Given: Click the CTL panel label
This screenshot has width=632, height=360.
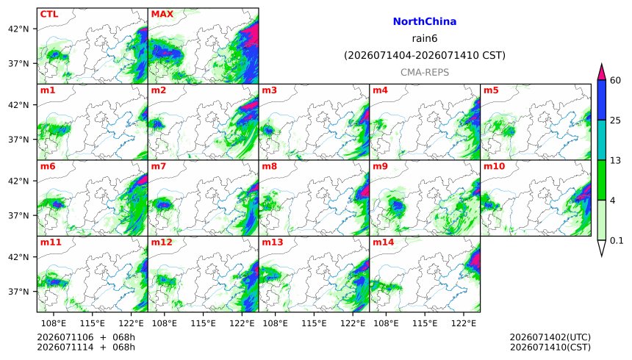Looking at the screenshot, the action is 49,14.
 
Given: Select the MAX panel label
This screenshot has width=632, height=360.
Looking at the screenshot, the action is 162,14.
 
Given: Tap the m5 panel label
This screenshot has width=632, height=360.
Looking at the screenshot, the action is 491,90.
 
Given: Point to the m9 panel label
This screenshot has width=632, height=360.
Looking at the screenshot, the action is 380,166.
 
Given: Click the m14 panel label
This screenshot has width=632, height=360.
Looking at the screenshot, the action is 383,242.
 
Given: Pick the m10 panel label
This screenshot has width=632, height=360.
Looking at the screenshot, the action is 494,166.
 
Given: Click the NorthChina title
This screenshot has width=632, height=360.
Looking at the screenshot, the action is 425,22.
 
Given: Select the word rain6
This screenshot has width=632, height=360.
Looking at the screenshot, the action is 425,39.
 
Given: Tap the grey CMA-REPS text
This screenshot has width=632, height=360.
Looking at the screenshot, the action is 425,73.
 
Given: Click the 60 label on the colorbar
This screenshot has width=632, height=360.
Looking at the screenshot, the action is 615,81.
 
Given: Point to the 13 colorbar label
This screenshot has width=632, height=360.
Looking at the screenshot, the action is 615,161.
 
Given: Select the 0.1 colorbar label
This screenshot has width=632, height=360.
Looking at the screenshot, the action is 617,241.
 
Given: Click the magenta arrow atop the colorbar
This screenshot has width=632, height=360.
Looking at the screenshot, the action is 601,72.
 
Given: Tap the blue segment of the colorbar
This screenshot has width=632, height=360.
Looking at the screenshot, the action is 601,100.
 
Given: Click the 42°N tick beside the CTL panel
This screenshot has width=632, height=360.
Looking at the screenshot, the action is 18,29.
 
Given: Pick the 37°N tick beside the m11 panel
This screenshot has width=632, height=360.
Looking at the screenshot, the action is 18,292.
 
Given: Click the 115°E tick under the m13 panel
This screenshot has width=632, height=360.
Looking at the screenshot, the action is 314,323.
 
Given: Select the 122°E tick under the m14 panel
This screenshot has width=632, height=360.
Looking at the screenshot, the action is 464,323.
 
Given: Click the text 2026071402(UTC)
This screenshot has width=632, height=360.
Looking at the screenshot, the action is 550,337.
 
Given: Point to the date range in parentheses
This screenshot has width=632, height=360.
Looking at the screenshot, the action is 425,55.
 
